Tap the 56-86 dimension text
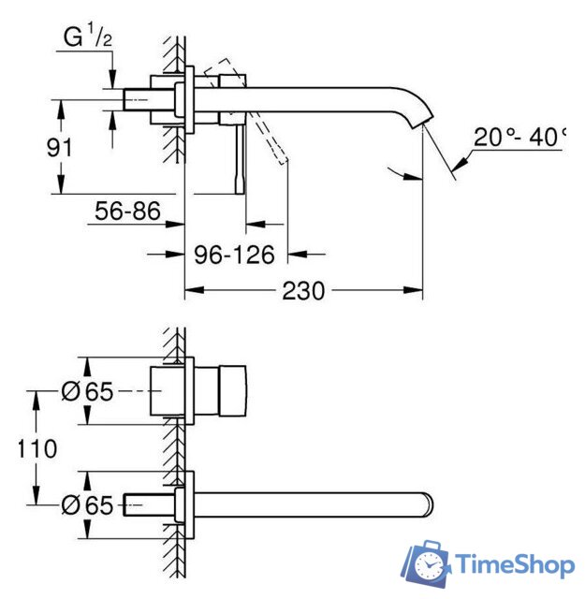[x=125, y=212]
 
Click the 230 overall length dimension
[x=303, y=290]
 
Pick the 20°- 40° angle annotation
[x=519, y=137]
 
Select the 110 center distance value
[x=37, y=447]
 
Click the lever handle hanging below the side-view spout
[x=241, y=154]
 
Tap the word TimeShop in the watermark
[x=515, y=564]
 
